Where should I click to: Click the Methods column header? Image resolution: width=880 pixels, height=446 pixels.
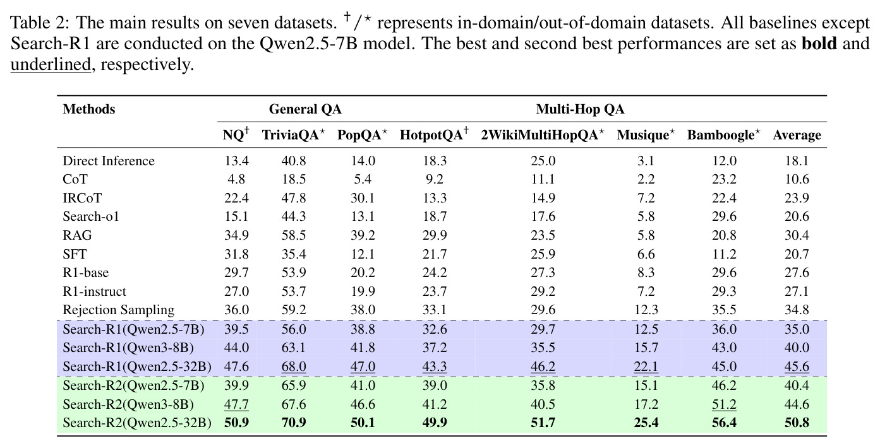(89, 109)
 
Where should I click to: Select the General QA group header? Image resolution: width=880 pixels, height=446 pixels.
(305, 109)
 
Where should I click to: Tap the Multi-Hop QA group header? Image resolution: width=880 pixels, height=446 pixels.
(581, 109)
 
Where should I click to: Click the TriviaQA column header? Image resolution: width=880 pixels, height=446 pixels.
(294, 134)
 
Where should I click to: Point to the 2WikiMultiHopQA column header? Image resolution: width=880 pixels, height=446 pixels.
(543, 134)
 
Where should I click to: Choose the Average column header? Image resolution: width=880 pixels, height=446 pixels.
(797, 135)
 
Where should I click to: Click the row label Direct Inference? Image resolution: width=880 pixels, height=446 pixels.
(109, 161)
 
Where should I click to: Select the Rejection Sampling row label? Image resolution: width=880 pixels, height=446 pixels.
(118, 310)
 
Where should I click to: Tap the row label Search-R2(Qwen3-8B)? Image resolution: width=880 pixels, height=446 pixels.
(128, 404)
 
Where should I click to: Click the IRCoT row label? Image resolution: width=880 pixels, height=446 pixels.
(82, 197)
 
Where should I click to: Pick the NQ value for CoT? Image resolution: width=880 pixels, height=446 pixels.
(236, 179)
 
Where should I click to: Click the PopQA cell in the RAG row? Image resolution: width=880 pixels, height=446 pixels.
(363, 235)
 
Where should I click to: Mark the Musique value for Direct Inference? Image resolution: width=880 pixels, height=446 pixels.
(646, 161)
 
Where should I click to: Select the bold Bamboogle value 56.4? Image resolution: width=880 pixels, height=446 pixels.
(724, 423)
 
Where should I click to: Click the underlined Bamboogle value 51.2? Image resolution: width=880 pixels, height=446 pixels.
(724, 404)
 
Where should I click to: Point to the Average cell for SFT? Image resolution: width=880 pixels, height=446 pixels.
(797, 254)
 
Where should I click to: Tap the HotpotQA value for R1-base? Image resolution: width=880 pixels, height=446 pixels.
(435, 273)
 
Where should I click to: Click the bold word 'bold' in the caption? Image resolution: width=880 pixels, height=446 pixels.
(819, 43)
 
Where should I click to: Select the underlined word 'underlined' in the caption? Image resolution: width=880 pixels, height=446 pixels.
(51, 64)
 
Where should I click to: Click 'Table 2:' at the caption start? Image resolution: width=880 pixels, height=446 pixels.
(40, 22)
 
